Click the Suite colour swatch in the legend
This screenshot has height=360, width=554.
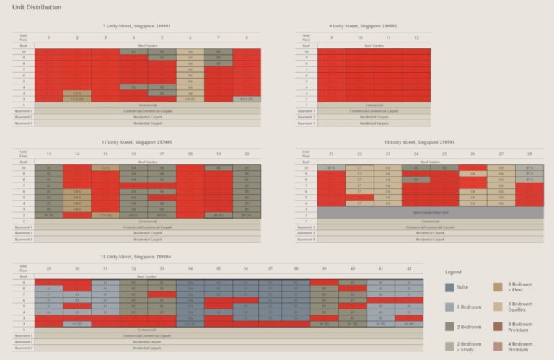449,287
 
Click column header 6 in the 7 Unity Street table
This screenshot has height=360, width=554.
190,37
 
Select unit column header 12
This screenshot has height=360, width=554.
416,37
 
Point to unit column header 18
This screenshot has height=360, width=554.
190,154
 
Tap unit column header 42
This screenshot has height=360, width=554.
409,268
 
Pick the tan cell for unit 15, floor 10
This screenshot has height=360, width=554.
105,167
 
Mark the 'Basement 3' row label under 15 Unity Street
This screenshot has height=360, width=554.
25,348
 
